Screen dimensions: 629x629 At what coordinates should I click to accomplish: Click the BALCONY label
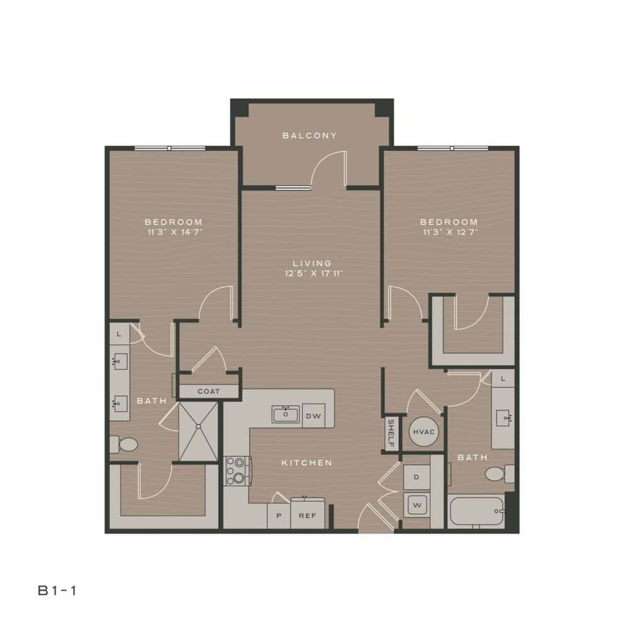(x=309, y=135)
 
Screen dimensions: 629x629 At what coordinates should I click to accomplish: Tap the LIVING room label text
(x=312, y=263)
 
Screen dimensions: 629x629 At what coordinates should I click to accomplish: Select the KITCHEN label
(x=306, y=463)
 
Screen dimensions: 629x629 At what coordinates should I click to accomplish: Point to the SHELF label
(x=391, y=433)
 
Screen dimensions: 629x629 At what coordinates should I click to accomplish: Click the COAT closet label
(x=209, y=391)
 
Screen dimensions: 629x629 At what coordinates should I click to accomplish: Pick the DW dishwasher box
(x=313, y=416)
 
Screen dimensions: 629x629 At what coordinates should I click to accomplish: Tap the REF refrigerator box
(x=307, y=515)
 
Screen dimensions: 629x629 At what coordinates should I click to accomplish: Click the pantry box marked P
(x=278, y=515)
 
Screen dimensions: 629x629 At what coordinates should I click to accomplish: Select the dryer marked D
(x=416, y=477)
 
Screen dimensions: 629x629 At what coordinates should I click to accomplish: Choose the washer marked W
(x=416, y=504)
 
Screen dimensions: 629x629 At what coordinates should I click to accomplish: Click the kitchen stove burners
(x=237, y=470)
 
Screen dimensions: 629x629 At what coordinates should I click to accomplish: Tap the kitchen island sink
(x=286, y=415)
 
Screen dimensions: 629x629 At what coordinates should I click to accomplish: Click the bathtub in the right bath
(x=476, y=512)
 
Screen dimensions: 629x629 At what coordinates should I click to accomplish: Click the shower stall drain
(x=199, y=426)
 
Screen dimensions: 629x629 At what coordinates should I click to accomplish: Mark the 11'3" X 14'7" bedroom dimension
(x=174, y=232)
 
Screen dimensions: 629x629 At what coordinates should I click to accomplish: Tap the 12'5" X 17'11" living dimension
(x=312, y=273)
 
